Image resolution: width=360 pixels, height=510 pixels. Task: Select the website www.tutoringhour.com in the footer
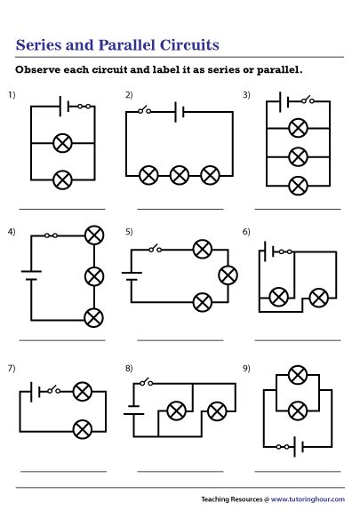tap(305, 498)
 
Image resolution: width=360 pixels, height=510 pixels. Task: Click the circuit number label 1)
tap(12, 94)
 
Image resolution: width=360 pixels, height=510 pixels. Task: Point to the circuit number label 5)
tap(128, 232)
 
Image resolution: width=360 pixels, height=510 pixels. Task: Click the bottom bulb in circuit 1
tap(62, 179)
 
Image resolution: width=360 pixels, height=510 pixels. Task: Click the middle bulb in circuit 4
tap(92, 275)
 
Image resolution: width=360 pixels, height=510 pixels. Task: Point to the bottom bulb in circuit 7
tap(83, 426)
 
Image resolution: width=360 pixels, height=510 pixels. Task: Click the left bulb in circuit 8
tap(176, 410)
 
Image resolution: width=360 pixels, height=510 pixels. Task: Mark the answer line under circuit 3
tap(298, 209)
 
